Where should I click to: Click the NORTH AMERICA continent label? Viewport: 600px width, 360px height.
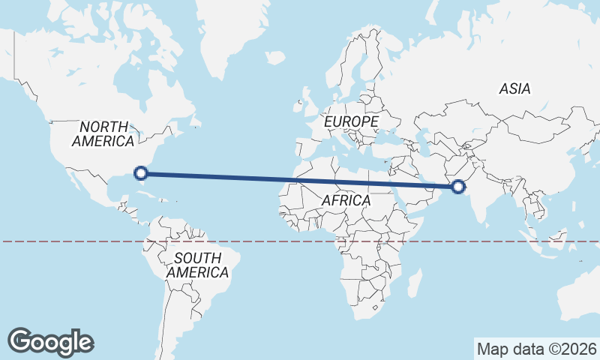(103, 133)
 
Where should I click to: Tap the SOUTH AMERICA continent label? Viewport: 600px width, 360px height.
(196, 265)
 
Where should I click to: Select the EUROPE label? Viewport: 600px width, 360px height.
(350, 121)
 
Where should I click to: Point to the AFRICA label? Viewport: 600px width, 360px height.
(346, 200)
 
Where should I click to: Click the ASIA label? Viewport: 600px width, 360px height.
(514, 88)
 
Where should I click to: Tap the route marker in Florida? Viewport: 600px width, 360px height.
(140, 174)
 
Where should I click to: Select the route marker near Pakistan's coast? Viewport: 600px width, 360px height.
(458, 186)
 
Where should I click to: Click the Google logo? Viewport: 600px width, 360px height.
(51, 341)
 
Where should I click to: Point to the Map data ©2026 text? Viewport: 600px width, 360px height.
(536, 349)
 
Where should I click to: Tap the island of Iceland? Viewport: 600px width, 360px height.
(275, 58)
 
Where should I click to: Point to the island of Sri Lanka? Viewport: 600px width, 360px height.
(496, 224)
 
